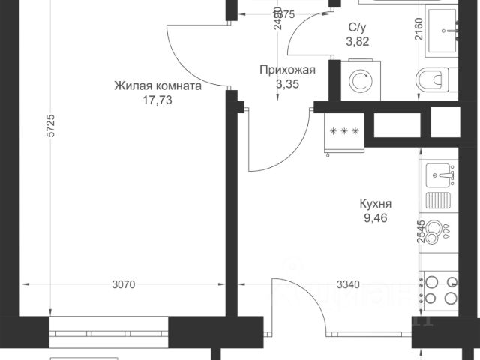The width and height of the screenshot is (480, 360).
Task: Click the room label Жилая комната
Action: pos(157,85)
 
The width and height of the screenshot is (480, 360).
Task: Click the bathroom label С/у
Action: pos(357,28)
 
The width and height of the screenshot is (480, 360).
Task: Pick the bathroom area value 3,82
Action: pos(357,42)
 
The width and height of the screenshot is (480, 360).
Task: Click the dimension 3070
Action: pos(124,285)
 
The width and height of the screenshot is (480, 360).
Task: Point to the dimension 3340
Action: pos(349,285)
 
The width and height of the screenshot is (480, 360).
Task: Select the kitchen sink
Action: pos(442,176)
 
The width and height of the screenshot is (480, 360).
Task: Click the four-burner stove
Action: pos(442,289)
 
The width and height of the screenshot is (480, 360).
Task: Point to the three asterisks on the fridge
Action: pos(344,131)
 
